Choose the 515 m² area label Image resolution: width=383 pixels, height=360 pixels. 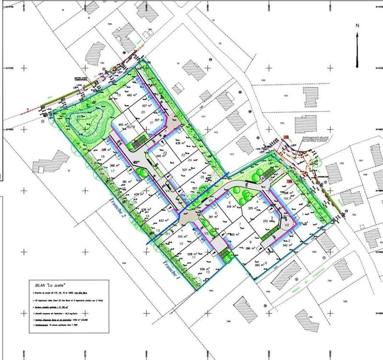pyautogui.click(x=181, y=237)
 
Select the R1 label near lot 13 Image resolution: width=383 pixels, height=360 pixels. pyautogui.click(x=168, y=233)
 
